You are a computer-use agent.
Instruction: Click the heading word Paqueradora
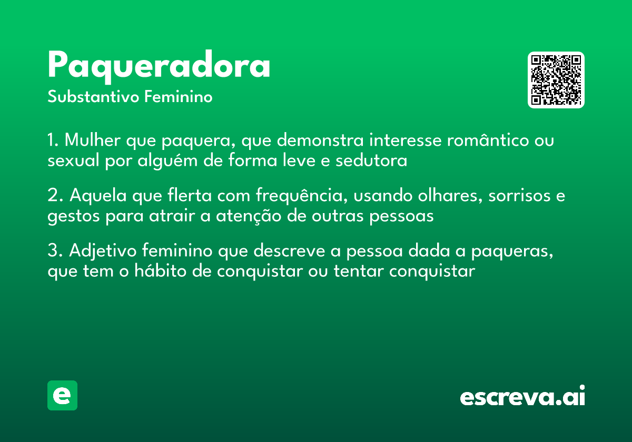point(159,66)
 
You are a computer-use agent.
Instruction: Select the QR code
point(556,80)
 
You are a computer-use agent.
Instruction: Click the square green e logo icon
point(62,395)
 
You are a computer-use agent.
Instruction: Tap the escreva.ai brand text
point(522,397)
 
